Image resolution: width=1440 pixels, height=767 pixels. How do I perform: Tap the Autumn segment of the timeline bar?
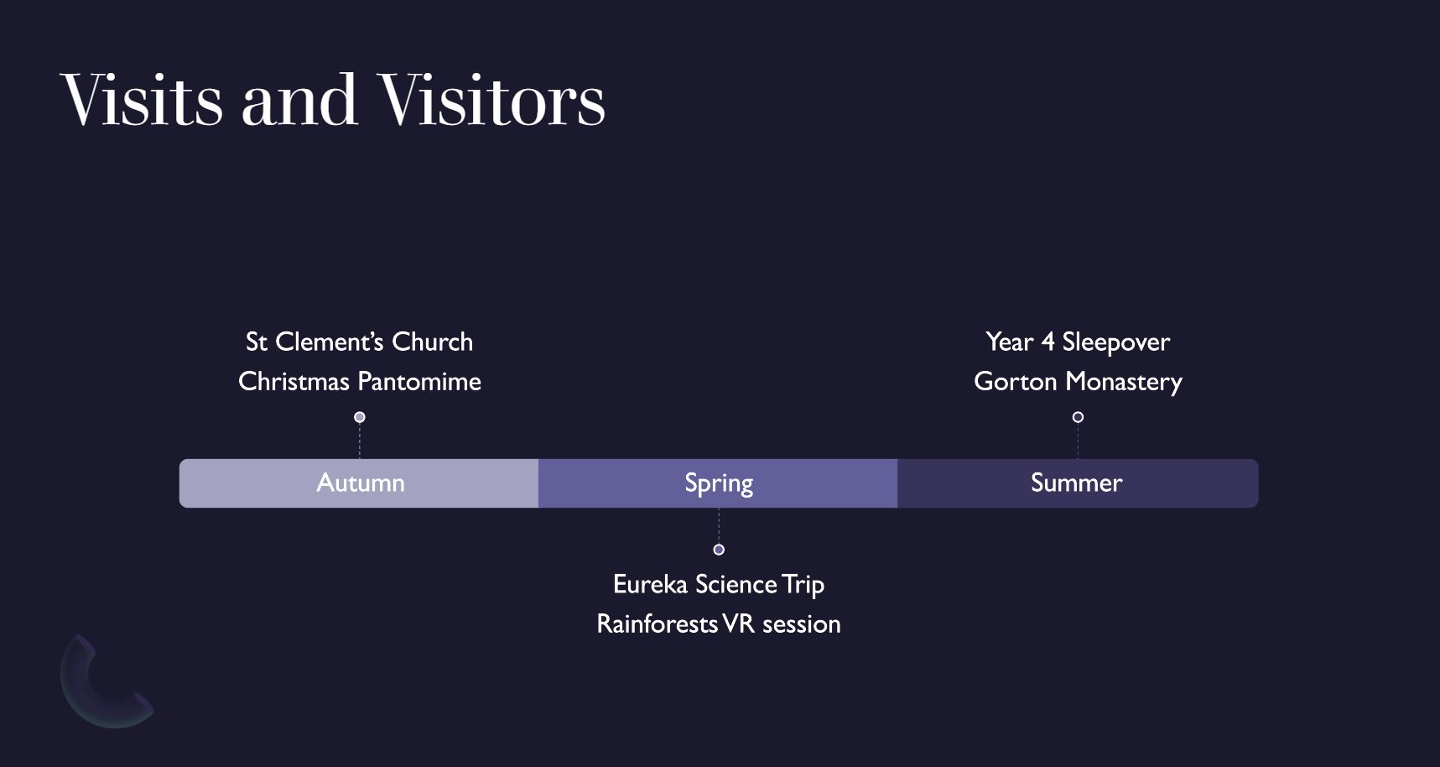[x=359, y=483]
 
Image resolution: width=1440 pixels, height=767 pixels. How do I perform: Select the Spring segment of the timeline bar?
[x=718, y=483]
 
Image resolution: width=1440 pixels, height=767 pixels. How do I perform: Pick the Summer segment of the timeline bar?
[x=1077, y=483]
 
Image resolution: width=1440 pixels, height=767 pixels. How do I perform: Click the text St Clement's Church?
[x=359, y=342]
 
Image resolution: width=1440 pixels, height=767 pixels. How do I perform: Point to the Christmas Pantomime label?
[x=359, y=382]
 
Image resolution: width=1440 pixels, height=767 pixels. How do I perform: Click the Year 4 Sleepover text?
[x=1078, y=342]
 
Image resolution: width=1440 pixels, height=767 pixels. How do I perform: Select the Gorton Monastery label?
[x=1078, y=382]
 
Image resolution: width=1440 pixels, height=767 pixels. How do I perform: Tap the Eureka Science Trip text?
[x=719, y=584]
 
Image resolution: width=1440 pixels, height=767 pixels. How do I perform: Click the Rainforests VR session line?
[x=719, y=624]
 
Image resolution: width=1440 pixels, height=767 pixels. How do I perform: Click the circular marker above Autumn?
[x=360, y=417]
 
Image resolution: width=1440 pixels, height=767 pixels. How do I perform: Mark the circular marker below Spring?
[x=719, y=550]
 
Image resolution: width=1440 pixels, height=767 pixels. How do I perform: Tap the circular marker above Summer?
[x=1078, y=417]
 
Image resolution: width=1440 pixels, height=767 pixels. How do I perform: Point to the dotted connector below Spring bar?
[x=719, y=526]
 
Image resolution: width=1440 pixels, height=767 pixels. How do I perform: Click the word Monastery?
[x=1124, y=382]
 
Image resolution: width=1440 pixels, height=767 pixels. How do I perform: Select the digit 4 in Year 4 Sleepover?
[x=1047, y=342]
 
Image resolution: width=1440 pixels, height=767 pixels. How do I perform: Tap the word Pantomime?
[x=419, y=382]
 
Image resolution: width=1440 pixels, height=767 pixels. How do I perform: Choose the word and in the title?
[x=299, y=101]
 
